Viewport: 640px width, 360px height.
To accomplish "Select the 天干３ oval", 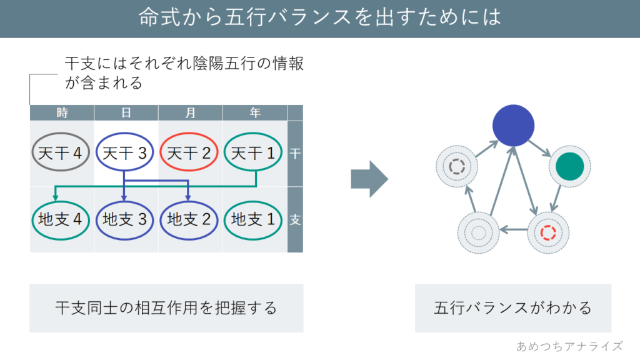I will pyautogui.click(x=125, y=152).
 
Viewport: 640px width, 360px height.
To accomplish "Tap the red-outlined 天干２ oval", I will pyautogui.click(x=189, y=152).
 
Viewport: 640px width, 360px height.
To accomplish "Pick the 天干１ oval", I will pyautogui.click(x=253, y=152).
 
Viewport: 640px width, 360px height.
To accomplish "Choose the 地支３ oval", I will pyautogui.click(x=125, y=219).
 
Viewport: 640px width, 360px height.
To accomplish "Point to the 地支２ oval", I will pyautogui.click(x=189, y=219).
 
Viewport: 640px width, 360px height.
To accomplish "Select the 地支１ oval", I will pyautogui.click(x=253, y=219).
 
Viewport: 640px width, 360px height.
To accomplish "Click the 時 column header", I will pyautogui.click(x=62, y=112).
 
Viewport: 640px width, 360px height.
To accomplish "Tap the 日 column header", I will pyautogui.click(x=126, y=112).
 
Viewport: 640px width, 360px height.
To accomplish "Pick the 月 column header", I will pyautogui.click(x=190, y=112).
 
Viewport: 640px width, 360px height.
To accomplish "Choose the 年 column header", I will pyautogui.click(x=254, y=112).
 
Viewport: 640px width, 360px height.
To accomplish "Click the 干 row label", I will pyautogui.click(x=295, y=153).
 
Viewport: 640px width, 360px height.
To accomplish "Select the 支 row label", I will pyautogui.click(x=295, y=220).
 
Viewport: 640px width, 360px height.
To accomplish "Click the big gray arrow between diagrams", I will pyautogui.click(x=369, y=179).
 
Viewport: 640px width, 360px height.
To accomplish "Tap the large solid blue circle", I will pyautogui.click(x=513, y=126).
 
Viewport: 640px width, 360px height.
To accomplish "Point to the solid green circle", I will pyautogui.click(x=569, y=166).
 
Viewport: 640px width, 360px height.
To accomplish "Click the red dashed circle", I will pyautogui.click(x=548, y=232).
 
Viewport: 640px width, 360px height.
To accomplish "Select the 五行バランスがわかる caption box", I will pyautogui.click(x=512, y=308).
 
